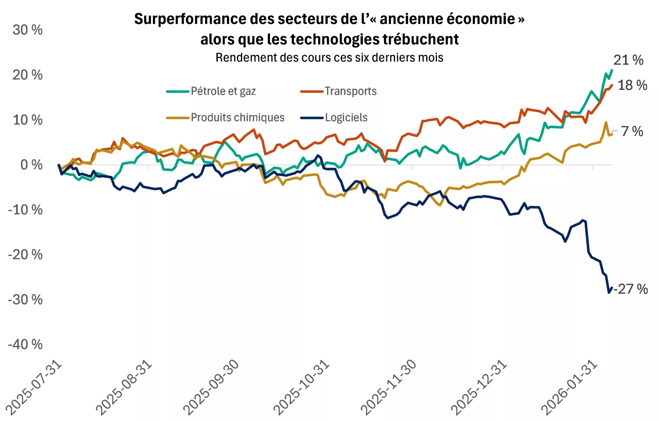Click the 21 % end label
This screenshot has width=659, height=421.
tap(628, 60)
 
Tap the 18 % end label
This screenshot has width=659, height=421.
tap(632, 85)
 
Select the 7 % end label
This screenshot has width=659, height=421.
tap(632, 131)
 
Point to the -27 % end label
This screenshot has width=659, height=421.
tap(631, 289)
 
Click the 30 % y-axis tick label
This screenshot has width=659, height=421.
tap(28, 30)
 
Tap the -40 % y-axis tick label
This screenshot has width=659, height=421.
tap(25, 344)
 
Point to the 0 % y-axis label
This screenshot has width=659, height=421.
tap(31, 165)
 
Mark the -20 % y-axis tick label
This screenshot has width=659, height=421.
tap(25, 255)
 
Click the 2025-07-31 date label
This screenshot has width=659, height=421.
tap(34, 387)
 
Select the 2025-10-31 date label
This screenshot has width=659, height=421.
tap(301, 387)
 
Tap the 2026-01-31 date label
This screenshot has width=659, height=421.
tap(569, 387)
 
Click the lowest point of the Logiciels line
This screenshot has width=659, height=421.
tap(609, 292)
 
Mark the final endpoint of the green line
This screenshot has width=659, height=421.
tap(612, 70)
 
